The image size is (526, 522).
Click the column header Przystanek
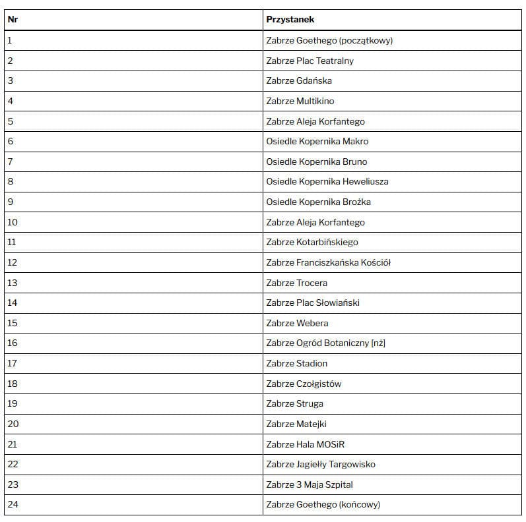click(290, 20)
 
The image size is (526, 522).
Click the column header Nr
click(13, 20)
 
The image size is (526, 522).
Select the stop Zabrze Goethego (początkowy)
click(329, 40)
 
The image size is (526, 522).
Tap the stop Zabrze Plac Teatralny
click(310, 61)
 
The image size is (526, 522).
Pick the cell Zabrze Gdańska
click(299, 80)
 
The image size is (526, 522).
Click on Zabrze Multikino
click(300, 101)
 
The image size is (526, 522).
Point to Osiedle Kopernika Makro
click(317, 141)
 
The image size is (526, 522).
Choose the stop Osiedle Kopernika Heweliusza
click(327, 181)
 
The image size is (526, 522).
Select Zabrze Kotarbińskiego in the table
click(312, 242)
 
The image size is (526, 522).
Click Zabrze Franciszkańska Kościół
click(329, 262)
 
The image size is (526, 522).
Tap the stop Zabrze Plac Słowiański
click(313, 303)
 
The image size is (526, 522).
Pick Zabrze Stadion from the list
click(297, 363)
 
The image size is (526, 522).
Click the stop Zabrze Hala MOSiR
click(306, 444)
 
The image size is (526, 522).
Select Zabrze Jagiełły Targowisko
click(321, 464)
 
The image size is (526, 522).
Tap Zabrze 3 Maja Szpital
click(310, 484)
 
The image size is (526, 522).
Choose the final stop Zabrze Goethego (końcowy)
click(323, 505)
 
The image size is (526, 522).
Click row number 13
click(13, 283)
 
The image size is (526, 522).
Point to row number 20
click(13, 424)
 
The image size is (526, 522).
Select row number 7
click(10, 161)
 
